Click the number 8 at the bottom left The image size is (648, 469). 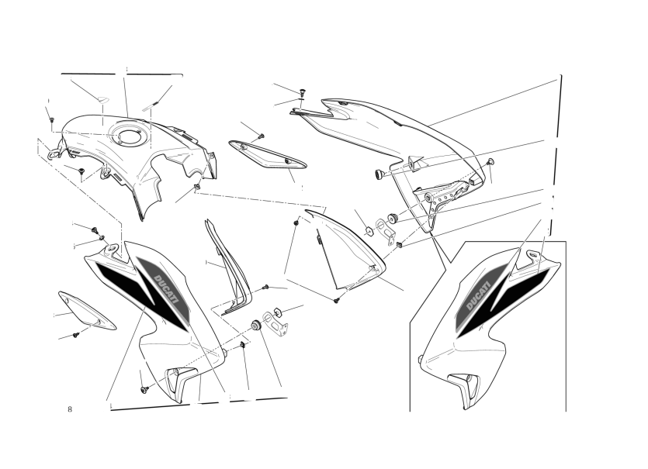coord(70,409)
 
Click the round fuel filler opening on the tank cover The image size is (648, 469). coord(124,136)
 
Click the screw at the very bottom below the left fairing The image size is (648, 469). coord(144,389)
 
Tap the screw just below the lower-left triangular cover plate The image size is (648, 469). coord(75,335)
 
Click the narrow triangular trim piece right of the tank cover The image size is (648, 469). coord(266,154)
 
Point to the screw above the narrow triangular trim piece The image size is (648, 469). coord(261,136)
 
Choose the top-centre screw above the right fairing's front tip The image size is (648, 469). coord(302,91)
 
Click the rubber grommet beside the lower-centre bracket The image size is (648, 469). coord(256,326)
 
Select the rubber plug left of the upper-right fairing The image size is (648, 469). coord(379,174)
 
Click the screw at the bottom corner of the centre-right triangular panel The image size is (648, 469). coord(337,300)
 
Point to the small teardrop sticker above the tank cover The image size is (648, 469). coord(102,99)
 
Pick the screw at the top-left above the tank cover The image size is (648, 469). coord(52,119)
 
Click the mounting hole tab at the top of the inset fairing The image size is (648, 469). coord(533,256)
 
